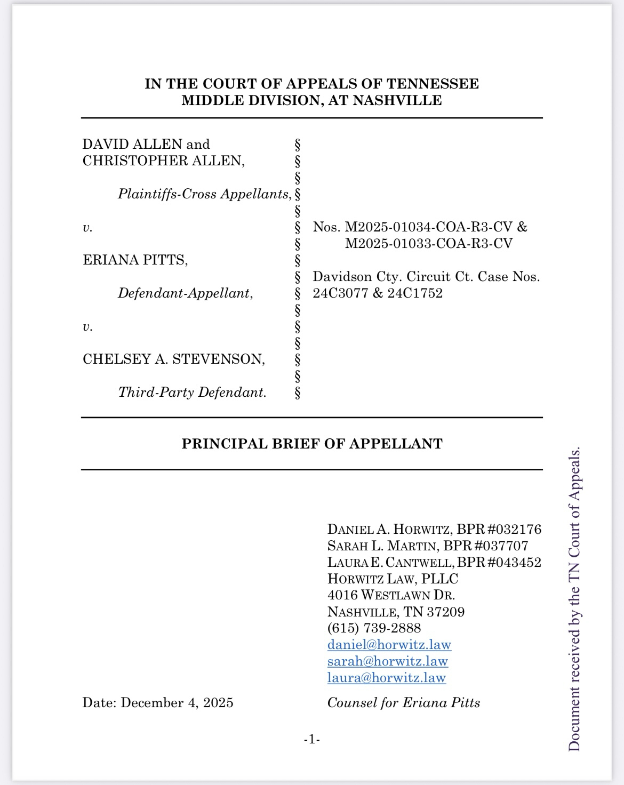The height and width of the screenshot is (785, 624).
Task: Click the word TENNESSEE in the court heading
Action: click(433, 84)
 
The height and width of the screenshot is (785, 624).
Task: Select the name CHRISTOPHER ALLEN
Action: click(163, 161)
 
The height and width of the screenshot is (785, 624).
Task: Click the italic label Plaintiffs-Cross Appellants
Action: click(205, 194)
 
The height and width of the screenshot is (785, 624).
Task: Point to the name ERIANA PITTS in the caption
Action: click(135, 260)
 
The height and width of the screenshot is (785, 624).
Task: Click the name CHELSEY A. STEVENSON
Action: click(173, 359)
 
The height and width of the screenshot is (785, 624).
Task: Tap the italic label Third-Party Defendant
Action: click(192, 392)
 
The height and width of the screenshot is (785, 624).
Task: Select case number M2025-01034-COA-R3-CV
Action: click(428, 227)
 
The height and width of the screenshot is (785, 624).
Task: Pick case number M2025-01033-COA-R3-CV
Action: click(428, 243)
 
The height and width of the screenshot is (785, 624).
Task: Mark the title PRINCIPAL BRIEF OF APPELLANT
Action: click(312, 444)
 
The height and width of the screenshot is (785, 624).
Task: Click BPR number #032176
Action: click(511, 529)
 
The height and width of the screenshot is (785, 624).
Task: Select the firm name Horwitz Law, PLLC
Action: click(393, 579)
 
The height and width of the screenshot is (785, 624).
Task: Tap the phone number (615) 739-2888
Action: click(374, 628)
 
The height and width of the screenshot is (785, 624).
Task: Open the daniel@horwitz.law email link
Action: click(389, 644)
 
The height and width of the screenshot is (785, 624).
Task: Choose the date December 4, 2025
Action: click(177, 702)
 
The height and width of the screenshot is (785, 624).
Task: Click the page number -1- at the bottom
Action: click(311, 739)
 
